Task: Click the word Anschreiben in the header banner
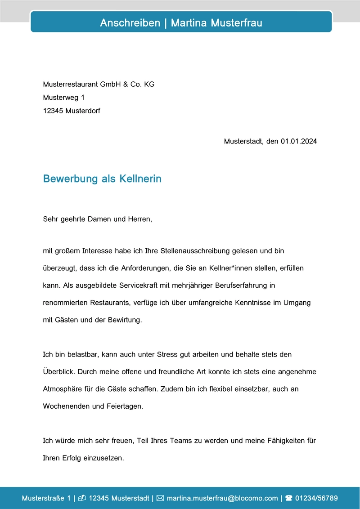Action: coord(130,23)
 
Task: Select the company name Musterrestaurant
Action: coord(71,84)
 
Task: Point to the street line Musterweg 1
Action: coord(63,97)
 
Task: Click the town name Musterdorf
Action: coord(83,110)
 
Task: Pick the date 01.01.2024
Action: coord(299,141)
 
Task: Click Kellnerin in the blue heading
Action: coord(140,179)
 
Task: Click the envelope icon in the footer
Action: coord(161,498)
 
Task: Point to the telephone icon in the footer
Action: coord(289,498)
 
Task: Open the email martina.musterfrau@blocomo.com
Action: coord(222,498)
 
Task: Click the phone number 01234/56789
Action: coord(316,498)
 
